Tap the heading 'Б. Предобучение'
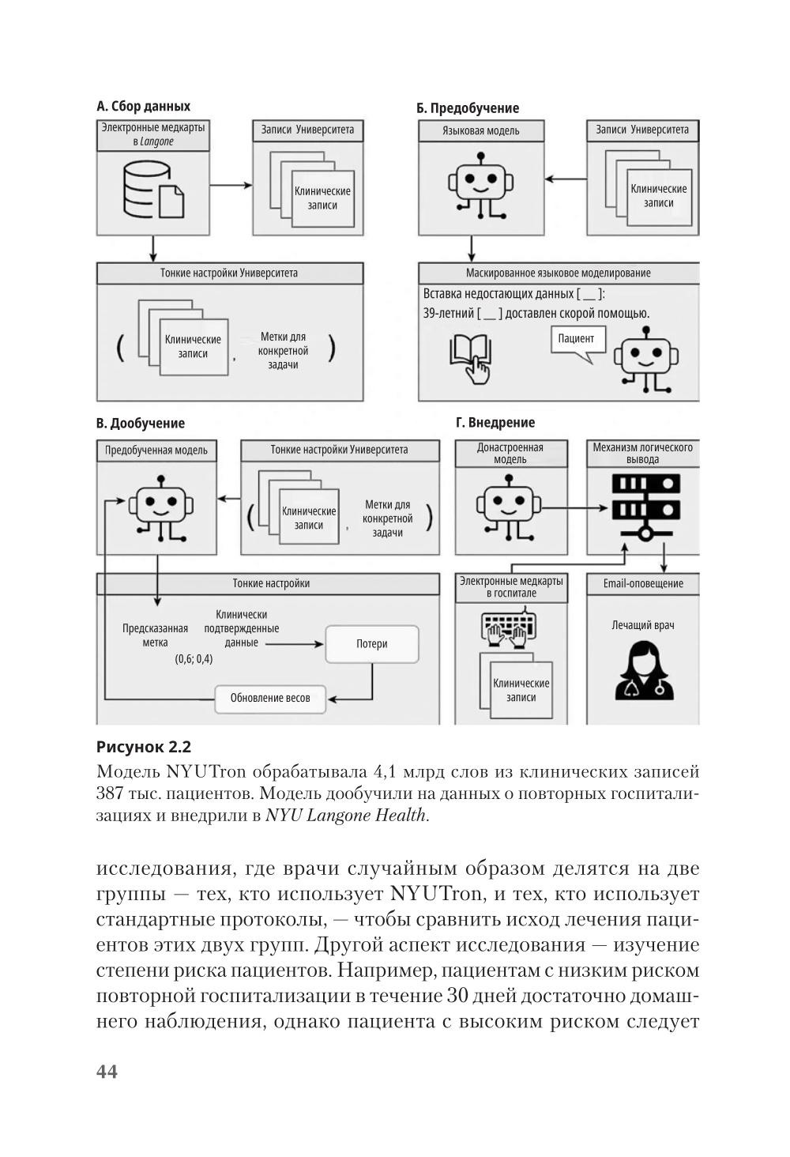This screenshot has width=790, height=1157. tap(468, 108)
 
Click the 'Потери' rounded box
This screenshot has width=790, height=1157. tap(371, 644)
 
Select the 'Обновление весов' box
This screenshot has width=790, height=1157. tap(270, 698)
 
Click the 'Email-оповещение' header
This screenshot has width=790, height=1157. tap(643, 584)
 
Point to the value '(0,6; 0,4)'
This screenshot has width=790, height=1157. tap(193, 659)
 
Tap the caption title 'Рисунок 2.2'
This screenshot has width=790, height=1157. tap(144, 747)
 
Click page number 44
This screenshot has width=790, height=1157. tap(107, 1071)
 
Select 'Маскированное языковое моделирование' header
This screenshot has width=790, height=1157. tap(558, 273)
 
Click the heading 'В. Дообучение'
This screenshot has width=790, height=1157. tap(141, 424)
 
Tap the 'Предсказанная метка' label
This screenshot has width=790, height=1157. tap(155, 635)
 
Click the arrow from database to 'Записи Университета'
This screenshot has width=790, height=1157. tap(231, 186)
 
